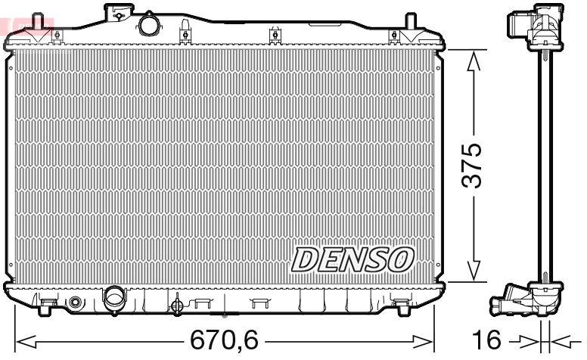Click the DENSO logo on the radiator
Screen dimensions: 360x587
353,259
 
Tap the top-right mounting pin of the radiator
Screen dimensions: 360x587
410,21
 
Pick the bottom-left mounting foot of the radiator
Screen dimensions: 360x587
47,306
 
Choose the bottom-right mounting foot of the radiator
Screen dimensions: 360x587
402,306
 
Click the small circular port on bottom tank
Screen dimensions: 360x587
74,303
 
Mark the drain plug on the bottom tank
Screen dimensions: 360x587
177,306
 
